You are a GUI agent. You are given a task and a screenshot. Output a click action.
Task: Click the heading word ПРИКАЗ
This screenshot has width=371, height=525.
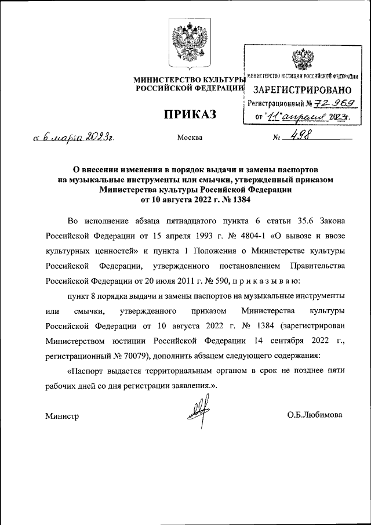coord(190,114)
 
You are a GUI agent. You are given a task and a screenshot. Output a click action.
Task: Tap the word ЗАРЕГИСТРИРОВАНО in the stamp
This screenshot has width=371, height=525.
coord(303,90)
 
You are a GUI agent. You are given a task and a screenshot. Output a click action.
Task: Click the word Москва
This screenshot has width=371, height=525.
coord(191,138)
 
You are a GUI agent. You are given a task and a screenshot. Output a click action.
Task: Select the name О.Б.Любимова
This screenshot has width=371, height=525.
coord(314,415)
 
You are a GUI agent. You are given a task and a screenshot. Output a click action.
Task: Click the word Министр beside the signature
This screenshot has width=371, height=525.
coord(62,416)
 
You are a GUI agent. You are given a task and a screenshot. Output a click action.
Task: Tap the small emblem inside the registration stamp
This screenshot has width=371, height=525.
coord(302,60)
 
